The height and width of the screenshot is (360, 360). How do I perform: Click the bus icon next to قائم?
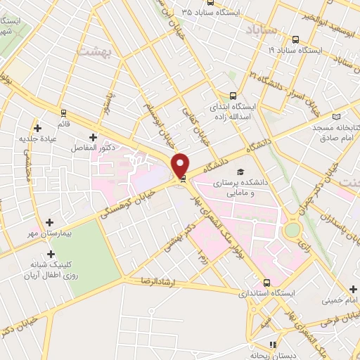coord(64,112)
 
